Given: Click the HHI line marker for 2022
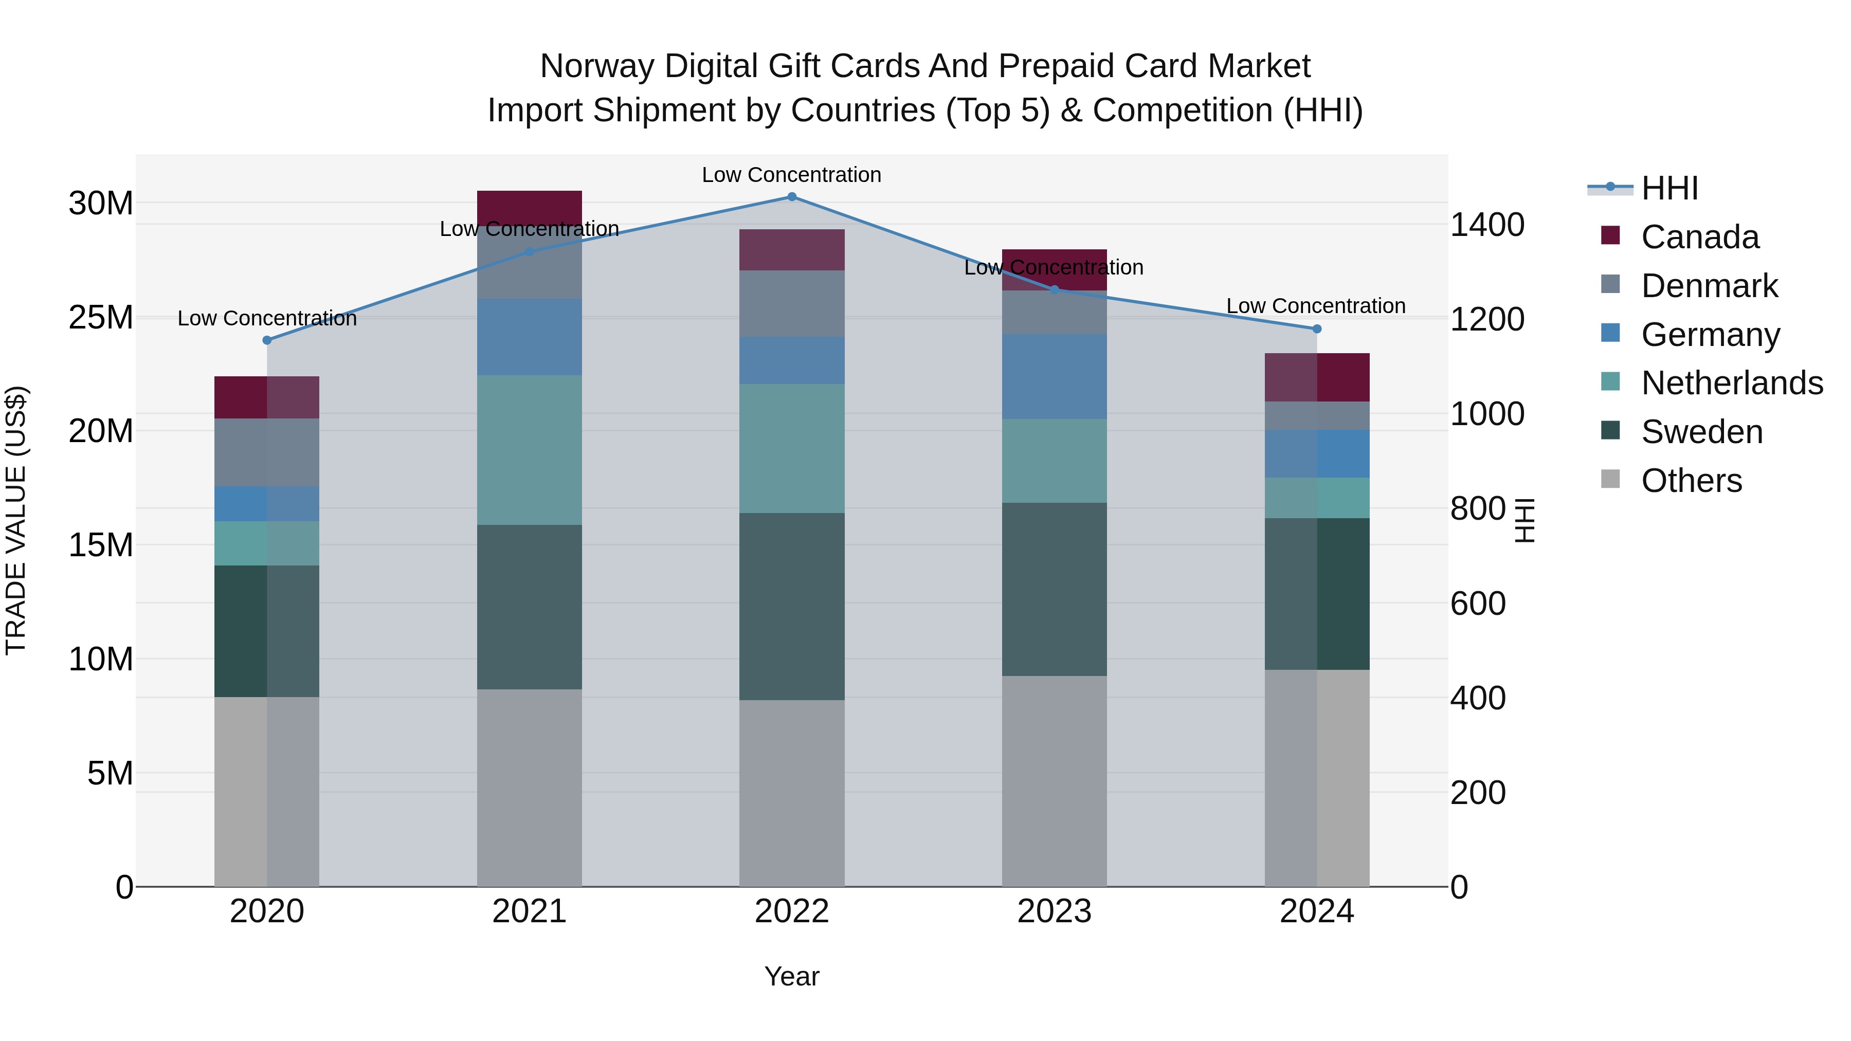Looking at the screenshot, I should coord(792,197).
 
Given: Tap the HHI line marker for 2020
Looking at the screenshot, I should coord(266,340).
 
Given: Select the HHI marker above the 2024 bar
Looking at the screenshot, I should coord(1317,329).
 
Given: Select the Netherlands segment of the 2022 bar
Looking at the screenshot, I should coord(792,448).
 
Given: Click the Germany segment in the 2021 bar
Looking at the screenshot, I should coord(530,337).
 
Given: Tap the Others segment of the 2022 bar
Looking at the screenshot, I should coord(792,793).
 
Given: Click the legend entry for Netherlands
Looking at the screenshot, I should coord(1732,383).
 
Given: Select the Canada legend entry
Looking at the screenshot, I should coord(1699,237).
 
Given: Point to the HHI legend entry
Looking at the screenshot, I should coord(1669,188).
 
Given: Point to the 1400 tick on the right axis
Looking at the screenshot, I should coord(1486,225).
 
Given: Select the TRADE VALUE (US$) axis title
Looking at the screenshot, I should coord(16,520).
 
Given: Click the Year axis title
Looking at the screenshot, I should coord(792,976).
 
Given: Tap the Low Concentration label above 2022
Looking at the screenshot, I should coord(791,175).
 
